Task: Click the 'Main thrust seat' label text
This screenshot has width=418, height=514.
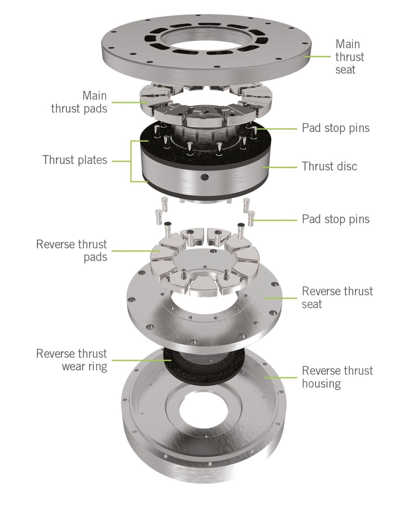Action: [x=349, y=57]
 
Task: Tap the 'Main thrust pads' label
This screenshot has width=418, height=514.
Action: [x=79, y=102]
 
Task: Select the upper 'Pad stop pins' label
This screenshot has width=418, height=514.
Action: [x=335, y=128]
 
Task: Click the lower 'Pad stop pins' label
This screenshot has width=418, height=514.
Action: [x=335, y=219]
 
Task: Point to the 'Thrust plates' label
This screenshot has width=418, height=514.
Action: [x=75, y=160]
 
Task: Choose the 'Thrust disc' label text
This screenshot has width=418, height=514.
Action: [x=329, y=166]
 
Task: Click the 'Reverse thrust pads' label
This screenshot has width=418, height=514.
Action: [x=72, y=250]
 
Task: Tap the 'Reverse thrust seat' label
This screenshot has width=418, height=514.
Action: [x=337, y=297]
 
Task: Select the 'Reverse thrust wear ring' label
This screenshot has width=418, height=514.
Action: [x=72, y=360]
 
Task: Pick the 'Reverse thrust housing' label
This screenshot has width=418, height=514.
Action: [x=337, y=377]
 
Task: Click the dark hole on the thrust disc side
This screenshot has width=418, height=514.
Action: [x=205, y=177]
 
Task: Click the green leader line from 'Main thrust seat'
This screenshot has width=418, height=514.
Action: [x=318, y=56]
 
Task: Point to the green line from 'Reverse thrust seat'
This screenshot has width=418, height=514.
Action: [x=281, y=298]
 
